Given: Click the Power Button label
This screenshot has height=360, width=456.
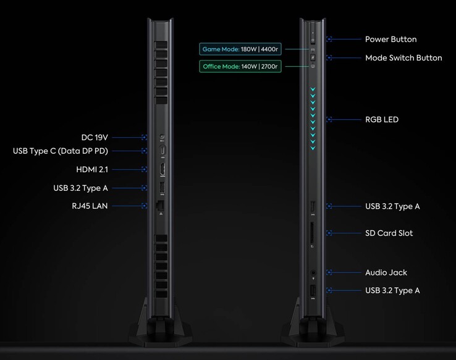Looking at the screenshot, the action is click(x=391, y=40).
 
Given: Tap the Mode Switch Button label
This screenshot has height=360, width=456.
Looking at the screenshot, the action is click(x=403, y=58).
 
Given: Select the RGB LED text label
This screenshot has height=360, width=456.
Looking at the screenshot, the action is click(x=382, y=119).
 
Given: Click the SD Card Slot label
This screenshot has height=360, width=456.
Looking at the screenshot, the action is click(x=389, y=233).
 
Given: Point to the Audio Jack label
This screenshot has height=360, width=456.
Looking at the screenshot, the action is click(x=386, y=272).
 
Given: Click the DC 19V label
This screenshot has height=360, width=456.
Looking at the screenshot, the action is click(x=95, y=138).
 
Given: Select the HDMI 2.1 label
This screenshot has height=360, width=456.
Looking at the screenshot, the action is click(x=92, y=169).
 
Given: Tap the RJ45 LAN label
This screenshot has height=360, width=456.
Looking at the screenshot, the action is click(x=90, y=206).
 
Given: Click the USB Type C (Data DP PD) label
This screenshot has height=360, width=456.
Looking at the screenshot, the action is click(x=61, y=151).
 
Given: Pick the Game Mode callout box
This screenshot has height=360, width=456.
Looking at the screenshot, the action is click(x=240, y=49).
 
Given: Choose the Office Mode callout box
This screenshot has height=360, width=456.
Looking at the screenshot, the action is click(x=240, y=67).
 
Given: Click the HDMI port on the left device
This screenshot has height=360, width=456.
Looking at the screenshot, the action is click(x=163, y=169).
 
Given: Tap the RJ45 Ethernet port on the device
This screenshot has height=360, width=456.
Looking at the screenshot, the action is click(x=160, y=206).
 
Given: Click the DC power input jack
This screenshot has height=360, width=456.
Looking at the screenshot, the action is click(x=163, y=137).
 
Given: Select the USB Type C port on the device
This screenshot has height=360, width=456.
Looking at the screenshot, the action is click(x=163, y=151).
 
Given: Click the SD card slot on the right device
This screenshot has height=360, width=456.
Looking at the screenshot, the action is click(x=312, y=233).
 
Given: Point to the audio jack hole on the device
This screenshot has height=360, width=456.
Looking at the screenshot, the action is click(x=313, y=272).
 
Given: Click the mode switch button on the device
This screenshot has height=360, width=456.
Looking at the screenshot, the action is click(x=313, y=57).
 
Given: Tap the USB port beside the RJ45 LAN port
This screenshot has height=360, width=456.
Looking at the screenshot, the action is click(x=163, y=188).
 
